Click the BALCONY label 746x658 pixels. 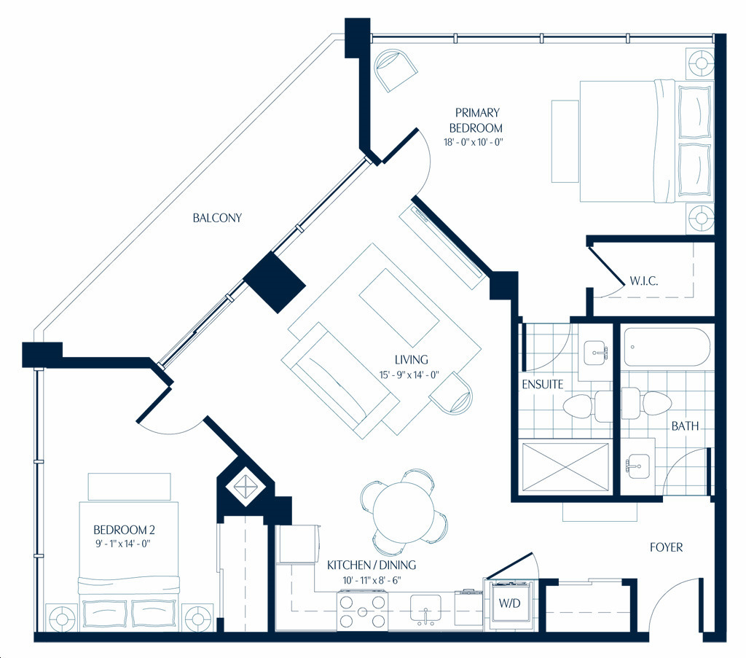point(217,218)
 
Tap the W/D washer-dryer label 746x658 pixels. point(509,603)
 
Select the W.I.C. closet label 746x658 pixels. point(644,281)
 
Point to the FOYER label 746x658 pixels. point(666,548)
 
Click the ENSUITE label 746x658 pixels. point(542,385)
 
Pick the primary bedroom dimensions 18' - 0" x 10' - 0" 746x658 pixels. point(474,142)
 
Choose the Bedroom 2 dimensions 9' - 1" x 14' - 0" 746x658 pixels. point(123,544)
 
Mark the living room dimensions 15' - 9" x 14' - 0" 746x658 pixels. point(409,375)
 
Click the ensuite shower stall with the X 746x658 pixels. point(565,468)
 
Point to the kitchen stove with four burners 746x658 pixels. point(362,611)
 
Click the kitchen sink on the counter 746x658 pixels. point(425,610)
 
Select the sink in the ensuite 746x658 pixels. point(594,353)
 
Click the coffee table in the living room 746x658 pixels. point(398,308)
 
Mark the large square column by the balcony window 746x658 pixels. point(274,282)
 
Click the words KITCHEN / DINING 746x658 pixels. point(372,565)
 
